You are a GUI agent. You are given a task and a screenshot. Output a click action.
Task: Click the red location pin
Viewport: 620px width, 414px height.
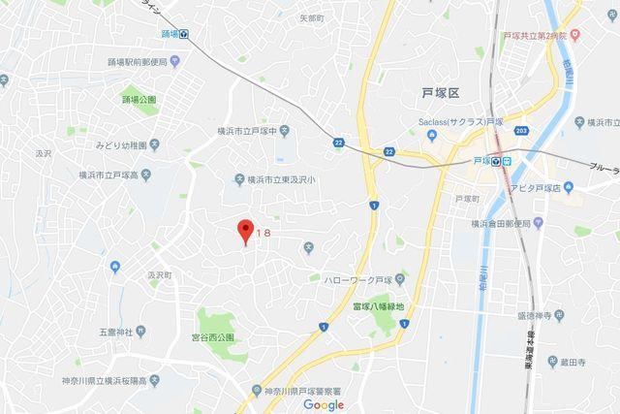(x=245, y=232)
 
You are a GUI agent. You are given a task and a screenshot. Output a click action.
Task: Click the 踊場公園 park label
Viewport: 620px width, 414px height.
(x=139, y=100)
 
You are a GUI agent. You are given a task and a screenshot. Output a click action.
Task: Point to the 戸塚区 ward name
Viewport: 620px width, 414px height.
(x=440, y=92)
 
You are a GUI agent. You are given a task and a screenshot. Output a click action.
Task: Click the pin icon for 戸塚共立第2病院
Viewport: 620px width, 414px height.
(x=573, y=34)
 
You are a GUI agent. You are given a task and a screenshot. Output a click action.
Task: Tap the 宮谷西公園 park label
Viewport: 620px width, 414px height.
(x=212, y=338)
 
